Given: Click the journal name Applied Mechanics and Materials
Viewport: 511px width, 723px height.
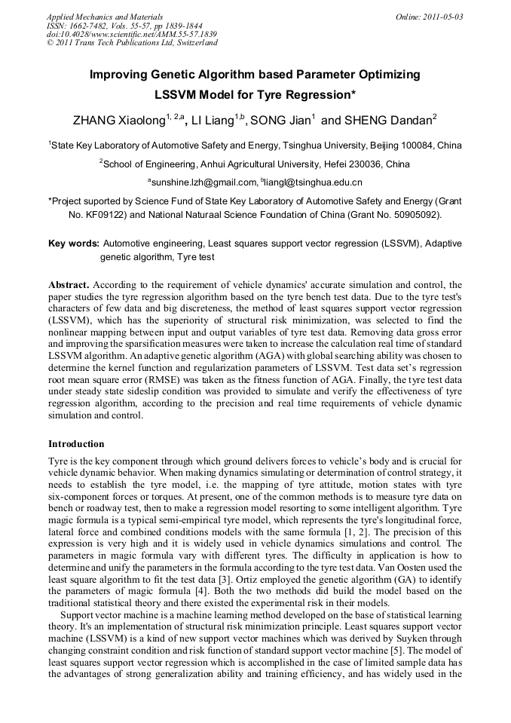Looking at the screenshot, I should pos(105,17).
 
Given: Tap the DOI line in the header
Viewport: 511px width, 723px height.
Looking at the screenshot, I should pos(132,34).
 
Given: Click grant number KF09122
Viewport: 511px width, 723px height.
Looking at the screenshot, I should pos(107,214).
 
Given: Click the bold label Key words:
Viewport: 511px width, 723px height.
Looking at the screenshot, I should pos(73,244).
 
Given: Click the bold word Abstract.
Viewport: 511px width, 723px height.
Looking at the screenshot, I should pos(69,285).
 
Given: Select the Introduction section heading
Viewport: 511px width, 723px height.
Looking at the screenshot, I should pos(76,444).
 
